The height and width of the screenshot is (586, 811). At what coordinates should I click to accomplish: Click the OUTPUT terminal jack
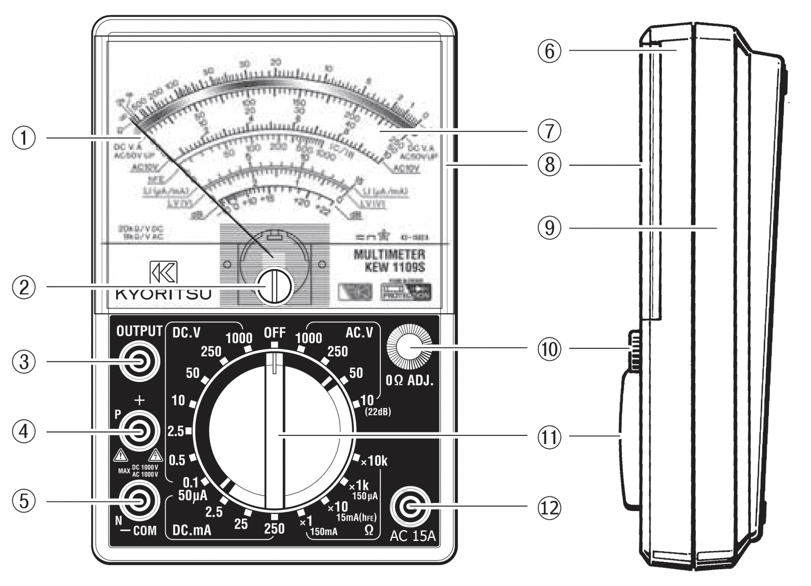[139, 361]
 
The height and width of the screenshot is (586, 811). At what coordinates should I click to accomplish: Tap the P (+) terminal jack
[139, 431]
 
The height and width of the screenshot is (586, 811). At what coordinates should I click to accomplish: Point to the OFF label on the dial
[275, 333]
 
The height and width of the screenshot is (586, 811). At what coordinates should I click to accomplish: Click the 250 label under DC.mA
[274, 528]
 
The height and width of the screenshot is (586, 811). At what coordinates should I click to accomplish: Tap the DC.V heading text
[187, 333]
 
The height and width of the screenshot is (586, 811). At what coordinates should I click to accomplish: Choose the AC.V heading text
[359, 333]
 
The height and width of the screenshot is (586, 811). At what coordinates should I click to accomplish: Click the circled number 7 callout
[549, 131]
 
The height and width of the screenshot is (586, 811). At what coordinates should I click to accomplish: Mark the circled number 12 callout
[549, 507]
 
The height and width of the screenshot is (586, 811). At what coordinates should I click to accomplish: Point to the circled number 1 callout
[24, 137]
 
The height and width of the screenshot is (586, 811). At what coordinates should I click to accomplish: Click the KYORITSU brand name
[163, 295]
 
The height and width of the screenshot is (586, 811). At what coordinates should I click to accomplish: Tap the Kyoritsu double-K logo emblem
[163, 272]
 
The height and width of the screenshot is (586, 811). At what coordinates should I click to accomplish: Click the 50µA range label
[192, 496]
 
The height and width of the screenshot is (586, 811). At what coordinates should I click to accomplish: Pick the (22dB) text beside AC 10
[378, 412]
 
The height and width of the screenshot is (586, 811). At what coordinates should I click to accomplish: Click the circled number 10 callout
[549, 349]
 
